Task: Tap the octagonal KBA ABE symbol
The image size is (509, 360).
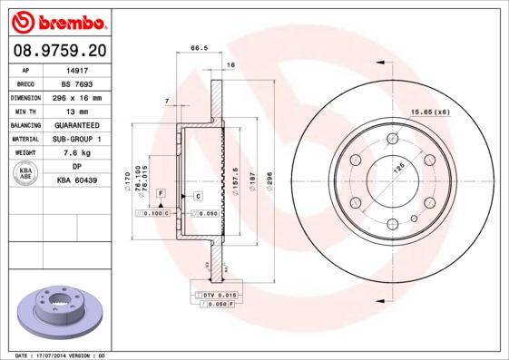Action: (x=26, y=174)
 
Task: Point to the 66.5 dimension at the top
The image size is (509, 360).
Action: (x=194, y=48)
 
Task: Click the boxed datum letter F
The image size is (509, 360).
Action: (x=161, y=194)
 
